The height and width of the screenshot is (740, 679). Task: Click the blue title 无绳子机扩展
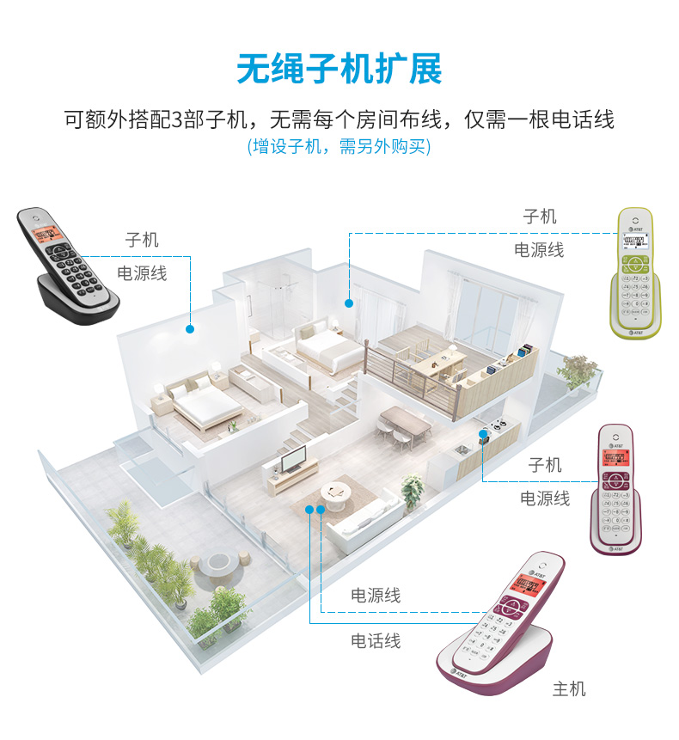(x=339, y=70)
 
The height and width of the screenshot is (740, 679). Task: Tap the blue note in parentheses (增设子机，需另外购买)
(x=339, y=146)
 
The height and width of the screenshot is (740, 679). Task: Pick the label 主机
(x=568, y=688)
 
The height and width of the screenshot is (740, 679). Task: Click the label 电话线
(x=376, y=641)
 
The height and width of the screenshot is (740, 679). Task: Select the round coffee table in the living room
(x=336, y=492)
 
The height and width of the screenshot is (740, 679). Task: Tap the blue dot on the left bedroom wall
(x=189, y=328)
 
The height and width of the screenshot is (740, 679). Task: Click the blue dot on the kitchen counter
(x=483, y=434)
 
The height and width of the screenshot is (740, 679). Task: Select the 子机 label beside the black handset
(x=142, y=240)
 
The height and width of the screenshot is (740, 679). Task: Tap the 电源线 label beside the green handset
(x=539, y=250)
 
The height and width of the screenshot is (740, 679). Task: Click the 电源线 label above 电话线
(x=376, y=595)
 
